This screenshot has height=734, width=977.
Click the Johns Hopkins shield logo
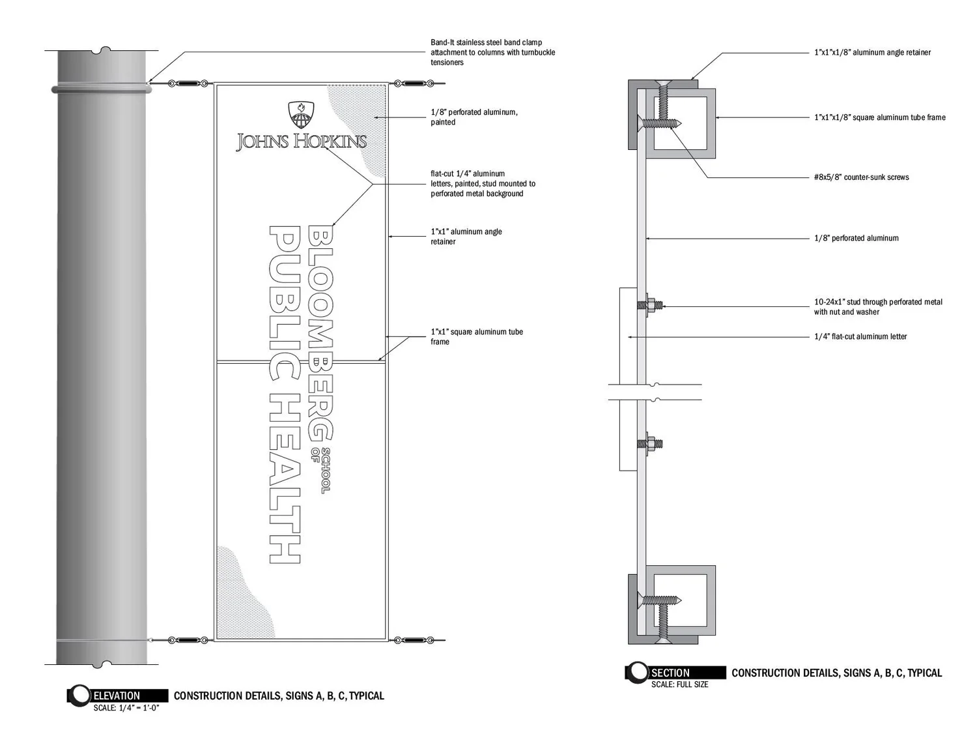click(x=300, y=115)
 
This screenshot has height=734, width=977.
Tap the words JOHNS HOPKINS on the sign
click(x=301, y=141)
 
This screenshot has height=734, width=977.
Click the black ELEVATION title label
click(x=117, y=696)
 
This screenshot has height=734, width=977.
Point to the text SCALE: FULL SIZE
click(x=679, y=684)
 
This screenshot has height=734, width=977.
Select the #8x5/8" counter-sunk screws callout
click(x=861, y=177)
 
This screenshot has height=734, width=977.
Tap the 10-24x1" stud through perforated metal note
click(x=878, y=306)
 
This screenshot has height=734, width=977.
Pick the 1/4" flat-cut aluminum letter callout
click(x=860, y=336)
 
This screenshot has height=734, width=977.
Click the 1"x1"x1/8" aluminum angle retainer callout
click(x=872, y=52)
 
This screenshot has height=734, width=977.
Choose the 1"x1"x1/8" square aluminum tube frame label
click(x=879, y=117)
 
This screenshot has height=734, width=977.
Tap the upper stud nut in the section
click(x=650, y=304)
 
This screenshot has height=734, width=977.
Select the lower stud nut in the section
click(x=650, y=444)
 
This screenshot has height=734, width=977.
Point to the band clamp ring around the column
click(x=101, y=88)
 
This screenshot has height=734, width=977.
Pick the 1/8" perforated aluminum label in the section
click(x=856, y=239)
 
